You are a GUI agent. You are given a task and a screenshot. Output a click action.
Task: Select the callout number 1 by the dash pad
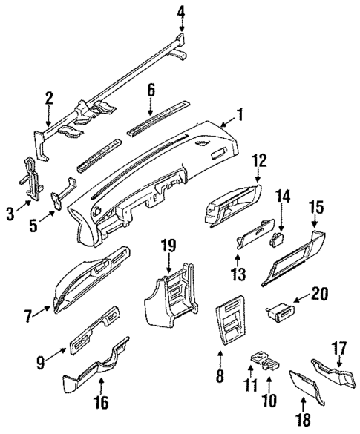coord(239,115)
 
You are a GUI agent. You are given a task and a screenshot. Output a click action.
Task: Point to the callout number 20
coord(319,295)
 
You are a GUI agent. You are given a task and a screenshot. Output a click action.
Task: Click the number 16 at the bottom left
coord(102,403)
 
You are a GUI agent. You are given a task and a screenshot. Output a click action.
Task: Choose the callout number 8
coord(219,376)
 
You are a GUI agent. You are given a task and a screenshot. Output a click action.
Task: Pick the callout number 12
coord(258,180)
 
